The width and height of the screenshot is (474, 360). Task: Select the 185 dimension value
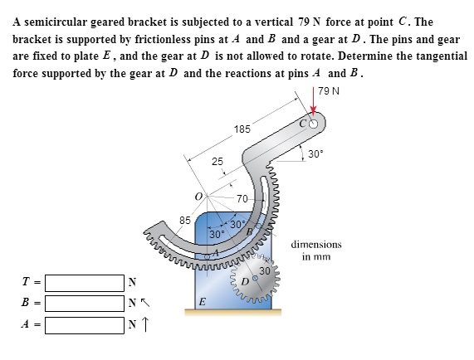coord(242,129)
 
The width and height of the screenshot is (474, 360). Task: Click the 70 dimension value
coord(242,199)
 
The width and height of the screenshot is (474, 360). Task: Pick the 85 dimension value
coord(185,221)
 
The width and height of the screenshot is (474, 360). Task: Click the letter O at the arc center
coord(198,196)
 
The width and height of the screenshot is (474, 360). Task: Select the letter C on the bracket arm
coord(303,124)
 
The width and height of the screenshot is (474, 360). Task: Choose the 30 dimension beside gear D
coord(265,271)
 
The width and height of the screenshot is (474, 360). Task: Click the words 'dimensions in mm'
coord(316,251)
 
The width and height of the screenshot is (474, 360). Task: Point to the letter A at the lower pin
coord(217,252)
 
